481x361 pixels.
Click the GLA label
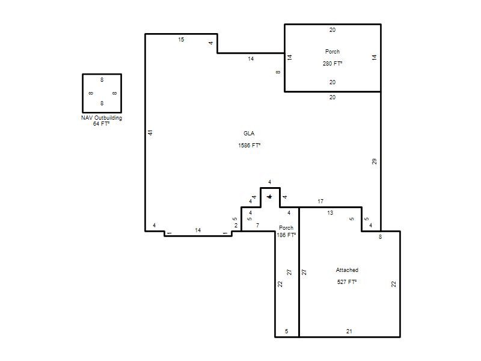click(x=249, y=133)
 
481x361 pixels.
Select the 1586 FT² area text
click(x=249, y=145)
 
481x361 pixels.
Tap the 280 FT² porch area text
click(x=332, y=64)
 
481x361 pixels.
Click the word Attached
click(x=347, y=270)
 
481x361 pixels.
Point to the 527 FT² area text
click(x=347, y=282)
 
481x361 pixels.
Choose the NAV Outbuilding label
click(x=102, y=118)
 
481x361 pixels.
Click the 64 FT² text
click(x=101, y=124)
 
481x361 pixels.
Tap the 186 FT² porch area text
click(x=286, y=235)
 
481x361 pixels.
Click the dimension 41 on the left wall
click(x=150, y=132)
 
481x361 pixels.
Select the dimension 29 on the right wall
click(x=374, y=161)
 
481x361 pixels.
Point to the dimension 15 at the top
click(x=181, y=39)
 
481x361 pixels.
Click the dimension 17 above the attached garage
click(x=320, y=202)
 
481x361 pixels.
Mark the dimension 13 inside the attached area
click(x=329, y=213)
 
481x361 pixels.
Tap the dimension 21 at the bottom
click(x=349, y=332)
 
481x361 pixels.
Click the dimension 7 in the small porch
click(x=257, y=225)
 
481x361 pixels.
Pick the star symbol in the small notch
click(x=269, y=197)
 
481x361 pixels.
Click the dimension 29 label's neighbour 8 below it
click(x=381, y=236)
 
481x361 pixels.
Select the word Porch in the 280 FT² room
click(x=332, y=52)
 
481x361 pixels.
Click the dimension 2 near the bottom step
click(x=236, y=226)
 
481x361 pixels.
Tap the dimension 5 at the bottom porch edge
click(x=287, y=332)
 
